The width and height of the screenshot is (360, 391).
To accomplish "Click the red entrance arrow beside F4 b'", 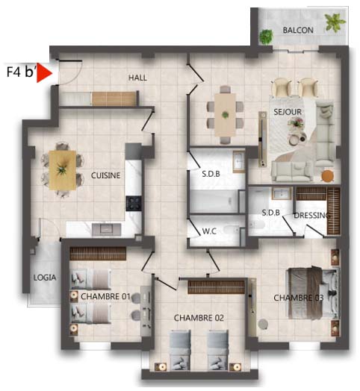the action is [43, 73].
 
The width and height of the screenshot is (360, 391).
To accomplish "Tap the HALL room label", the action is [137, 78].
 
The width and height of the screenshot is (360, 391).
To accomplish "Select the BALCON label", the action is [298, 30].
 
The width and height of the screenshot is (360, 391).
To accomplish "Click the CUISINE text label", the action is [105, 175].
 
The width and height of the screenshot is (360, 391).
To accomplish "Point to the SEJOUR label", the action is [288, 112].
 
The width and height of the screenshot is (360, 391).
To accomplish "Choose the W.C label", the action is [209, 231].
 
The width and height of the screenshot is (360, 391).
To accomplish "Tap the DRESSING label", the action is [312, 215].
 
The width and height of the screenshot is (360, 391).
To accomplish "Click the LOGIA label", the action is [45, 278].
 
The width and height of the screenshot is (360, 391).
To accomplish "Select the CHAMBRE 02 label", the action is [199, 318].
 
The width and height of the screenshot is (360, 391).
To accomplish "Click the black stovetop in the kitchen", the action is [134, 203].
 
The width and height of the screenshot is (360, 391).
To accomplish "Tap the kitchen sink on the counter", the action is [107, 229].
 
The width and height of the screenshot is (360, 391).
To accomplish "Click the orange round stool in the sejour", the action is [328, 176].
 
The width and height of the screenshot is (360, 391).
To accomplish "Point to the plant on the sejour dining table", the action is [226, 115].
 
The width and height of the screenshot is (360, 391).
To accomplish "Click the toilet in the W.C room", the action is [232, 230].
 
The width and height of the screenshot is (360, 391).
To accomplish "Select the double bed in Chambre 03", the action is [314, 293].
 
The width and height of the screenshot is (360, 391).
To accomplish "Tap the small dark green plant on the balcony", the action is [266, 37].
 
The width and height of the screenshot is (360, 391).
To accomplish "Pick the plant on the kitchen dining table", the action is [62, 169].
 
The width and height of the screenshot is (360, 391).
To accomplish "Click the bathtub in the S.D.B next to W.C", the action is [214, 201].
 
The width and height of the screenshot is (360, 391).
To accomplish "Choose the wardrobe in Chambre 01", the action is [98, 254].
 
